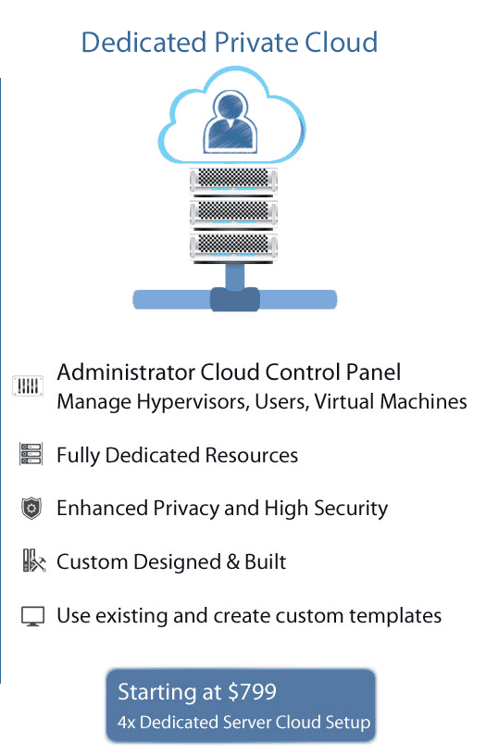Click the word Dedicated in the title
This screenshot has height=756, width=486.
[x=144, y=43]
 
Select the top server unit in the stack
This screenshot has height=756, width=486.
[x=233, y=182]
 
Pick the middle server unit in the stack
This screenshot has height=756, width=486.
[x=233, y=214]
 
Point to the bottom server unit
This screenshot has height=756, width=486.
[x=233, y=247]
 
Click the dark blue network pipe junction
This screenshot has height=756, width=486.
[x=234, y=299]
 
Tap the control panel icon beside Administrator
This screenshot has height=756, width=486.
[x=28, y=385]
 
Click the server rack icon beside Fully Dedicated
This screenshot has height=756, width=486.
[x=31, y=454]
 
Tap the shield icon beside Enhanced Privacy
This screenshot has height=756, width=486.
[x=31, y=509]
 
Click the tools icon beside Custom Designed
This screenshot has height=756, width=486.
[x=34, y=561]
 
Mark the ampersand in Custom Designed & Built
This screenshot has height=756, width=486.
[x=232, y=562]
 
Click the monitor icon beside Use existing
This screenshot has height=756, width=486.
[x=32, y=616]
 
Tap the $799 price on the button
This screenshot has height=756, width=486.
[x=253, y=692]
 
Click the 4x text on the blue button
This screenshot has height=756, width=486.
[x=127, y=723]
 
